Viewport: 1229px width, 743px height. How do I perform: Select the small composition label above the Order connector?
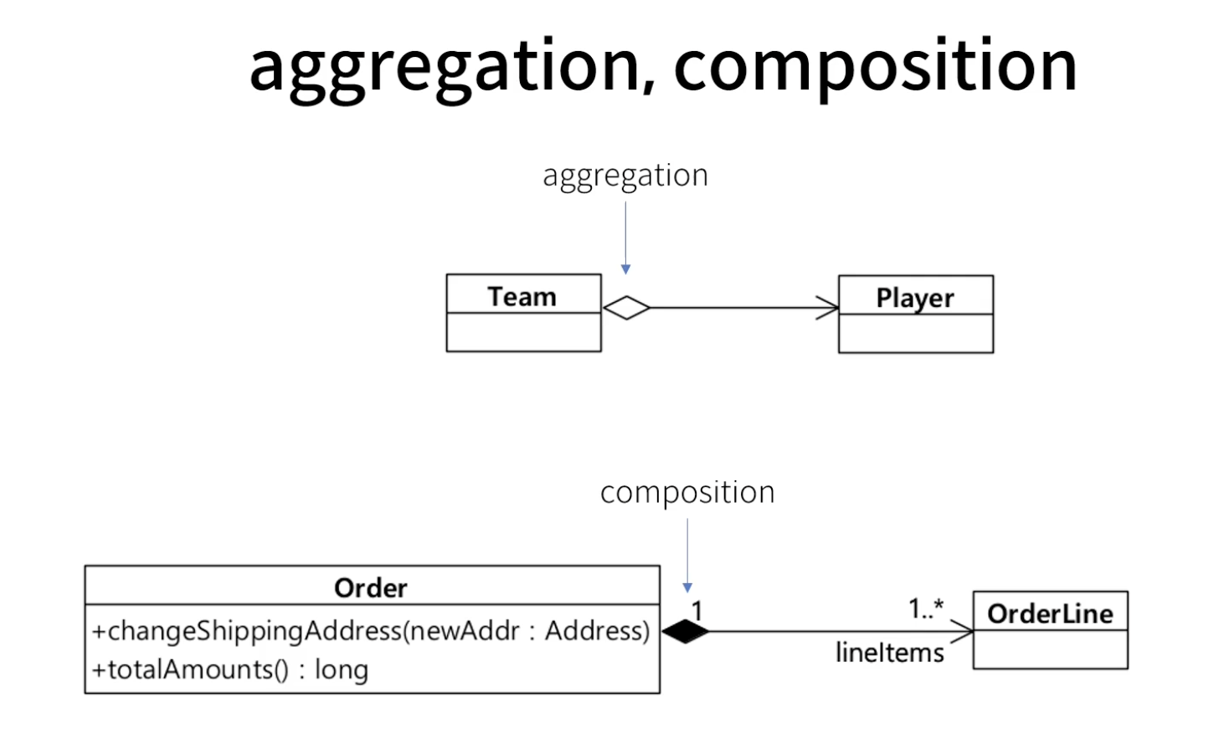point(687,493)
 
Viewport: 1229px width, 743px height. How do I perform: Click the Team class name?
point(522,297)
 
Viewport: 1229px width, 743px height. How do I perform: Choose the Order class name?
point(371,588)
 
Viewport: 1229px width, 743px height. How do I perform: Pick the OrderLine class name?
point(1050,614)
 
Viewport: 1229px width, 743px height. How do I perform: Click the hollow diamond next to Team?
point(626,308)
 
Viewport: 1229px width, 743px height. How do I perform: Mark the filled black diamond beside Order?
point(686,632)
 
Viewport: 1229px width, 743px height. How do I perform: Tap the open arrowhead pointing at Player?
point(828,308)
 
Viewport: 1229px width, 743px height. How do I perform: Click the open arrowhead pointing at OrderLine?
point(962,632)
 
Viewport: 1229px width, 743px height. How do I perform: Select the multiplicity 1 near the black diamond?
point(697,611)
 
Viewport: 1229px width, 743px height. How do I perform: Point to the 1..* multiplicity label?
point(926,608)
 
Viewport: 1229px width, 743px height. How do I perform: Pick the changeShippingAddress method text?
point(371,631)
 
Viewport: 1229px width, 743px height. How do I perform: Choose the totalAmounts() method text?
point(230,670)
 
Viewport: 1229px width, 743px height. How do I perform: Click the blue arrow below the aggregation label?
point(625,238)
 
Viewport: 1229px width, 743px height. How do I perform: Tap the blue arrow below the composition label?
point(687,556)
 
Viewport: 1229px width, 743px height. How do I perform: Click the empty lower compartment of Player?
point(916,333)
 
